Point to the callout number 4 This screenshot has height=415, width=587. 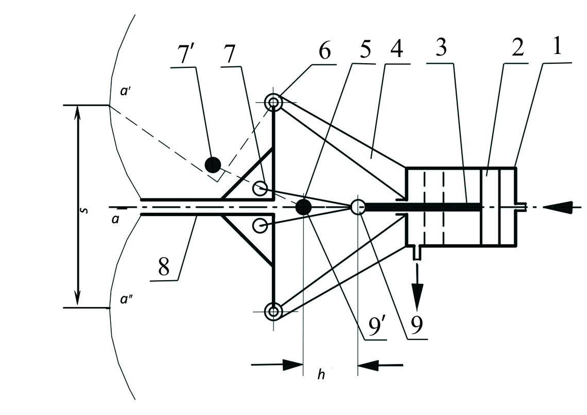coord(396,48)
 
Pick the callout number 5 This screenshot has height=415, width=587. coord(361,49)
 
